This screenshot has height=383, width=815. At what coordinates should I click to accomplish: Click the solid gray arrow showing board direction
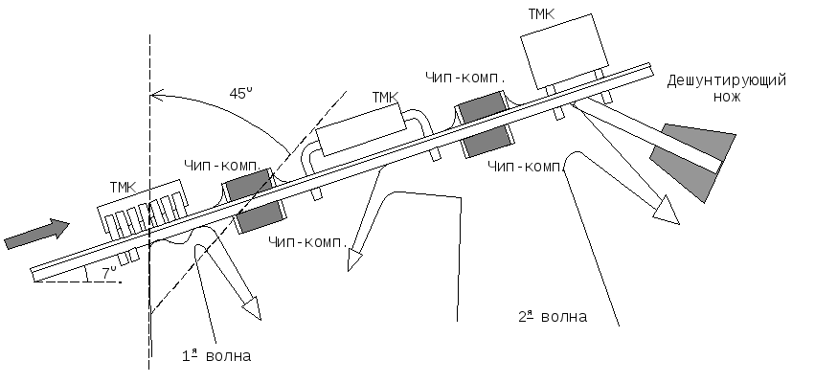tap(37, 235)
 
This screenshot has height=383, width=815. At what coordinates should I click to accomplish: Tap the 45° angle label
tap(240, 94)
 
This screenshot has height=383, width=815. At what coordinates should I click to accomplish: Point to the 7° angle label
tap(109, 272)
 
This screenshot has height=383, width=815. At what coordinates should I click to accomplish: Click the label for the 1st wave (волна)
tap(216, 355)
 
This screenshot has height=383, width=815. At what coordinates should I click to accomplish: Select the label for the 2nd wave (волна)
tap(553, 316)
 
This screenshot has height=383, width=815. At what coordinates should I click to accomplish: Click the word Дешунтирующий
tap(726, 80)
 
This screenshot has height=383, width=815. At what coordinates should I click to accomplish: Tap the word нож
tap(726, 96)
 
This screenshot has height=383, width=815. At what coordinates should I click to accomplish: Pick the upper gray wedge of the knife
tap(700, 141)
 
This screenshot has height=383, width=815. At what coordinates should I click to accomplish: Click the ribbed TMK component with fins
tap(143, 210)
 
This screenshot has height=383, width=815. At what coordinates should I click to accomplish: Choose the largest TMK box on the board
tap(564, 52)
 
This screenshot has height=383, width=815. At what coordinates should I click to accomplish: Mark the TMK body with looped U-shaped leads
tap(361, 129)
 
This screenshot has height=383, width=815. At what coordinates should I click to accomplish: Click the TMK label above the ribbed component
tap(123, 187)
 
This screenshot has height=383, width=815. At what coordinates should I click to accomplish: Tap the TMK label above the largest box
tap(541, 14)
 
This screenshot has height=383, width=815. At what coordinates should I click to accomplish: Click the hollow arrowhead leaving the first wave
tap(252, 307)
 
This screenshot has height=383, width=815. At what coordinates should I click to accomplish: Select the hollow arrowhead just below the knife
tap(667, 210)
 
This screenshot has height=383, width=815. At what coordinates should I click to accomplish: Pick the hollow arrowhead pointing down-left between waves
tap(354, 259)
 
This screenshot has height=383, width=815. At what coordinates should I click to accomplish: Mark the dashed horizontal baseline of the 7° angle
tap(78, 282)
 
